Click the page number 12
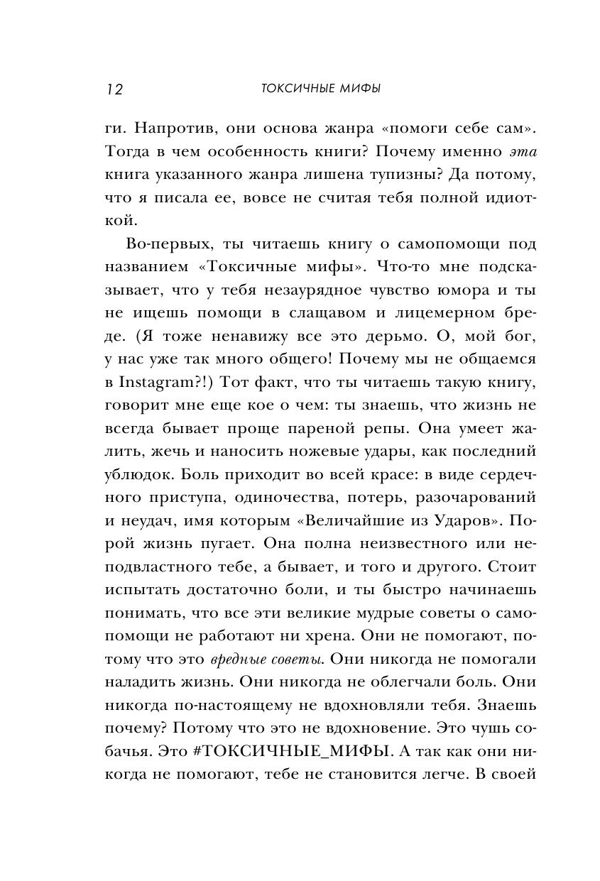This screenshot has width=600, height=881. pyautogui.click(x=114, y=90)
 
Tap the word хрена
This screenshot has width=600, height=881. pyautogui.click(x=356, y=633)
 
